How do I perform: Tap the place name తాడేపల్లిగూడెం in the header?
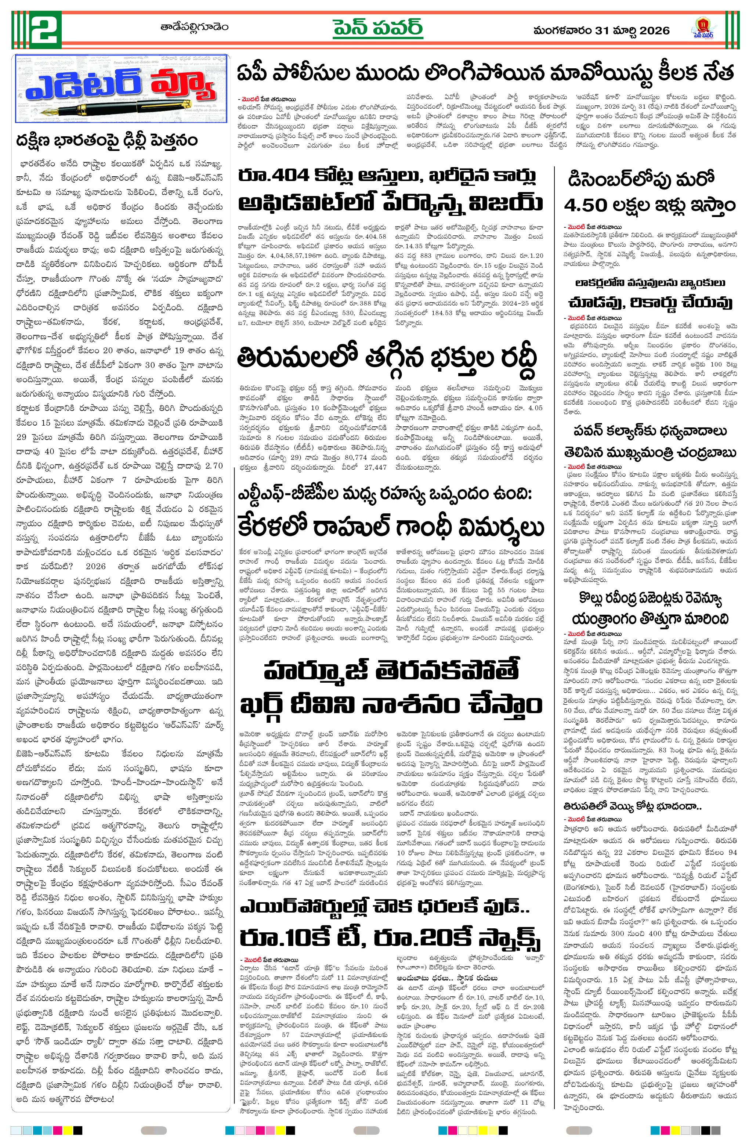[x=194, y=27]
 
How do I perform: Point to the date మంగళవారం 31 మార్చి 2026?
[x=601, y=31]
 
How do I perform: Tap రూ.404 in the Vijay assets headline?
[x=274, y=176]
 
